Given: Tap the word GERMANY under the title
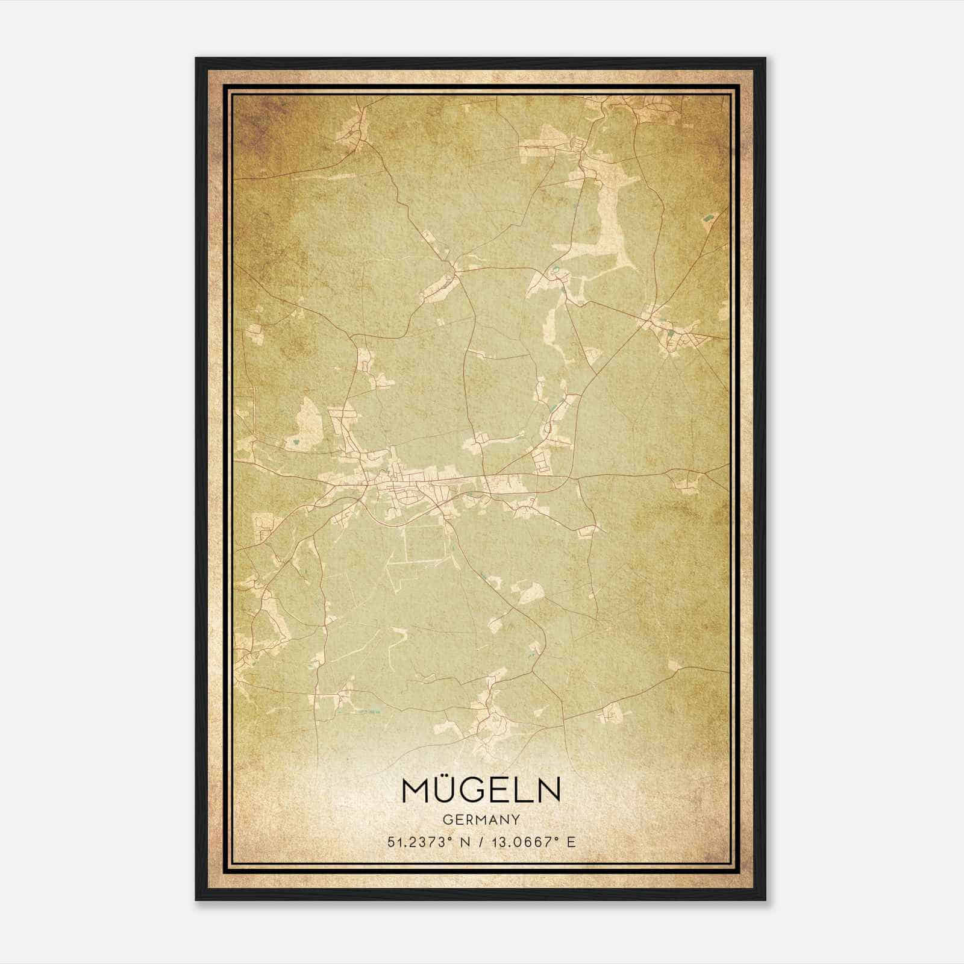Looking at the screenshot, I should click(x=481, y=819).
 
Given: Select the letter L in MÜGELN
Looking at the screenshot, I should click(x=525, y=790).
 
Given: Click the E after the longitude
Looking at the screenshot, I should click(x=571, y=842).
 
